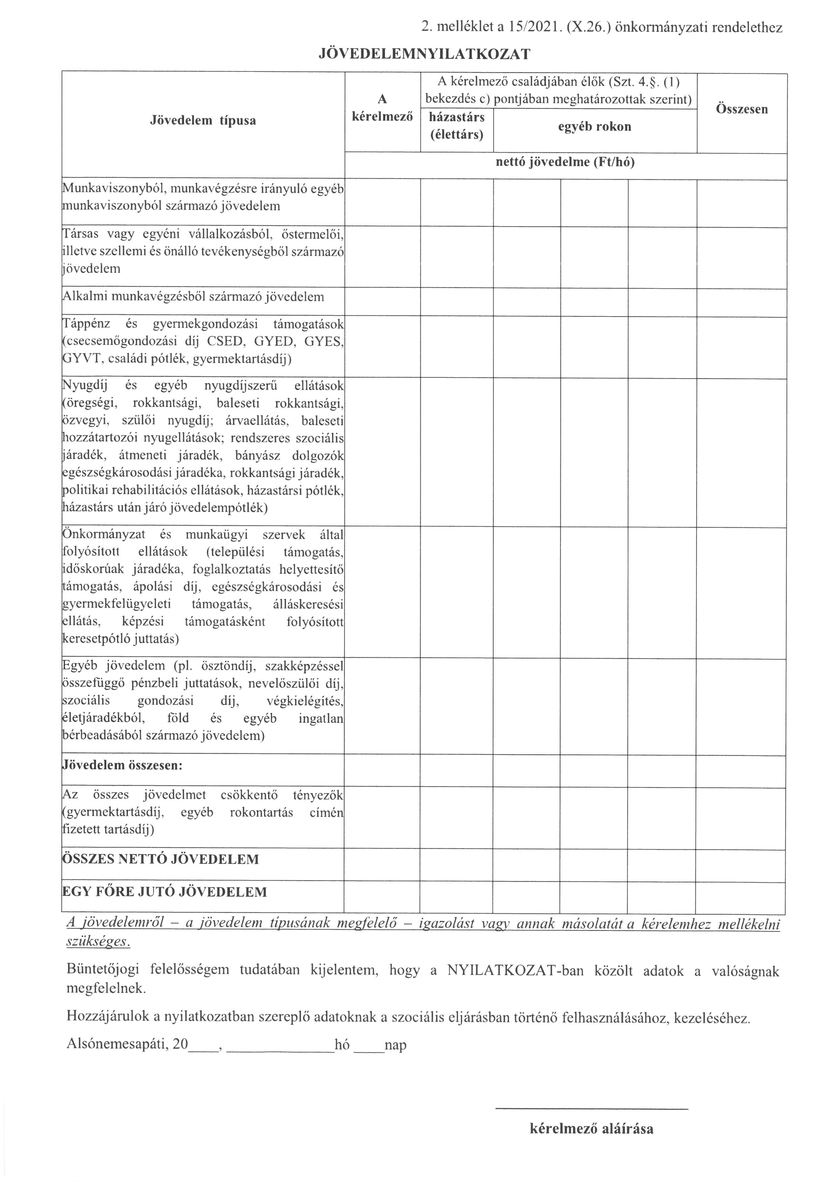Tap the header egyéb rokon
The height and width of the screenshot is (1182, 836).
[595, 127]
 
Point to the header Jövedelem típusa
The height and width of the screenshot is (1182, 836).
[203, 121]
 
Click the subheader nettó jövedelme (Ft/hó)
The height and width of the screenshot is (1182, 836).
[565, 163]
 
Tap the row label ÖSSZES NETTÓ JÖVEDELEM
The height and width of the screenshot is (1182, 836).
[160, 859]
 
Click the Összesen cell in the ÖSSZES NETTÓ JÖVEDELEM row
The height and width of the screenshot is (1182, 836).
[740, 865]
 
